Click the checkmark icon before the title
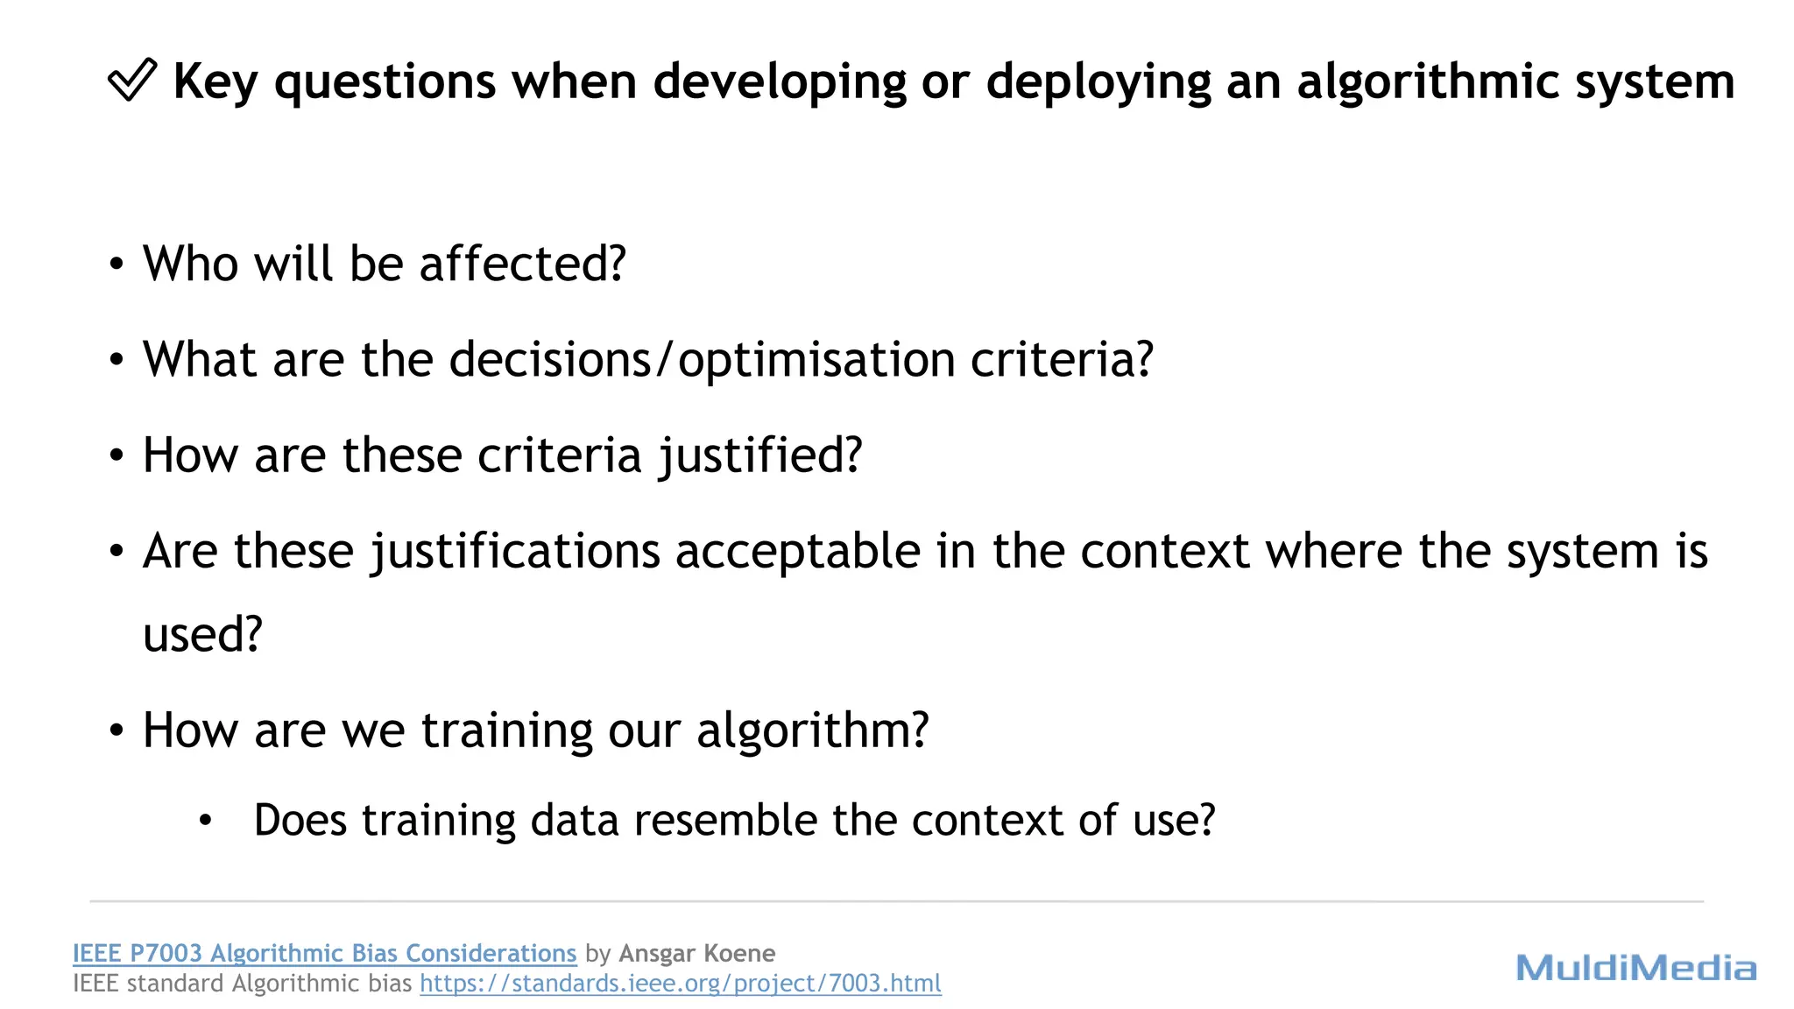(132, 81)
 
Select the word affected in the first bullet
(522, 264)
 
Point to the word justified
(760, 456)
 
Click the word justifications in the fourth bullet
(516, 552)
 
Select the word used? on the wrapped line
(202, 635)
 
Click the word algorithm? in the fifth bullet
(812, 730)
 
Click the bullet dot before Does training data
(206, 821)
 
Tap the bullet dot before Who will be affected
(117, 265)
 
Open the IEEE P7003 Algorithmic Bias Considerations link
(324, 953)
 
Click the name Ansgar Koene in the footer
(696, 953)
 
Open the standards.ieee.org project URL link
(681, 984)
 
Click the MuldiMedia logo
(1635, 968)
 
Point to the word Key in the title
(215, 82)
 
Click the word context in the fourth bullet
(1164, 552)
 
